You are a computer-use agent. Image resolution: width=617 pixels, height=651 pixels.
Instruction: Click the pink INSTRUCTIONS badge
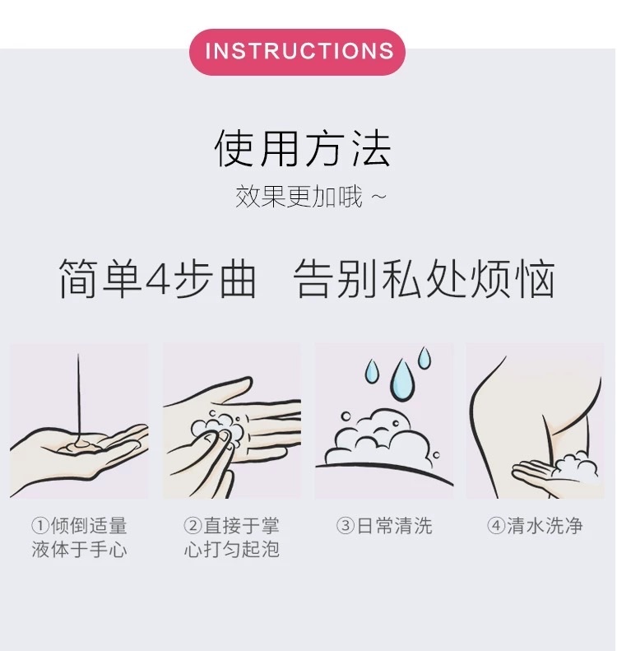[297, 52]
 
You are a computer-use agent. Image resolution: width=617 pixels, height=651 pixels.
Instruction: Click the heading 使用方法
[303, 148]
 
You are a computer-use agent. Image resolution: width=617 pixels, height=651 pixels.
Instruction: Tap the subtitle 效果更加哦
[299, 197]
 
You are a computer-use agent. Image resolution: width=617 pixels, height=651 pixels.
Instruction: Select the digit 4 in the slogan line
[158, 278]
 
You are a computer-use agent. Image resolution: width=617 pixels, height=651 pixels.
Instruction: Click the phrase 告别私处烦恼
[424, 278]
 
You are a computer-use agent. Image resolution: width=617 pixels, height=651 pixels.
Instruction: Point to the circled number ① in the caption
[40, 526]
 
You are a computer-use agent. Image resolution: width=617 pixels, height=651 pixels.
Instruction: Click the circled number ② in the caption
[193, 526]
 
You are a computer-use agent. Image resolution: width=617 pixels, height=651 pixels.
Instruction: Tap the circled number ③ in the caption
[346, 526]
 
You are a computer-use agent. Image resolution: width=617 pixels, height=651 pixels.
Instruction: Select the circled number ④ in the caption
[496, 526]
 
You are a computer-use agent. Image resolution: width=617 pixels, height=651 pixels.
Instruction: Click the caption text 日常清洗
[394, 526]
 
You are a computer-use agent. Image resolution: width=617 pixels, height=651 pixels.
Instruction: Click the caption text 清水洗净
[545, 526]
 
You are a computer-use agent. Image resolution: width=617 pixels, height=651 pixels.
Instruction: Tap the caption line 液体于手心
[79, 549]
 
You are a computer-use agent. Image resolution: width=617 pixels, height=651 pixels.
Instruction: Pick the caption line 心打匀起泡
[231, 549]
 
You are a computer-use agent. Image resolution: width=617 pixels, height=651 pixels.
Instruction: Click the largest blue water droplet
[402, 379]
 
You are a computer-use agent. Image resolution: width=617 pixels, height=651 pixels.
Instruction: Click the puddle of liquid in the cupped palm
[80, 445]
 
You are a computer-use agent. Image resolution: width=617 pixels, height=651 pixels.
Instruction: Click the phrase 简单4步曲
[157, 278]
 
